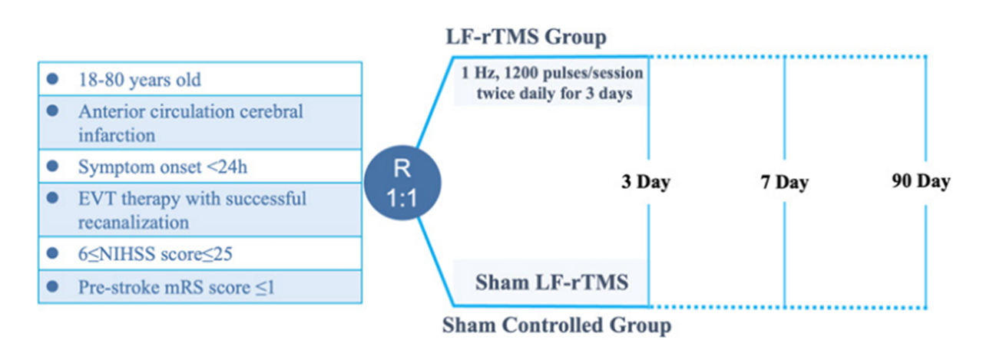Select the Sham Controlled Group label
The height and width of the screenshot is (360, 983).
point(557,325)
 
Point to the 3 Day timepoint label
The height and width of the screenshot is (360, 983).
point(646,183)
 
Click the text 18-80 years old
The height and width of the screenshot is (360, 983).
point(140,78)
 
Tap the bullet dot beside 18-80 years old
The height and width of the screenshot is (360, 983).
point(52,78)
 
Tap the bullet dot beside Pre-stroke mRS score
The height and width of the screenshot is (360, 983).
point(52,287)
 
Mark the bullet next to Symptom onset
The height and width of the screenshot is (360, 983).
point(52,166)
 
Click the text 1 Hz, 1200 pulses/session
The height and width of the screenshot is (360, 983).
point(552,74)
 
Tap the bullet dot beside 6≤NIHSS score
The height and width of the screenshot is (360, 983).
point(52,253)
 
